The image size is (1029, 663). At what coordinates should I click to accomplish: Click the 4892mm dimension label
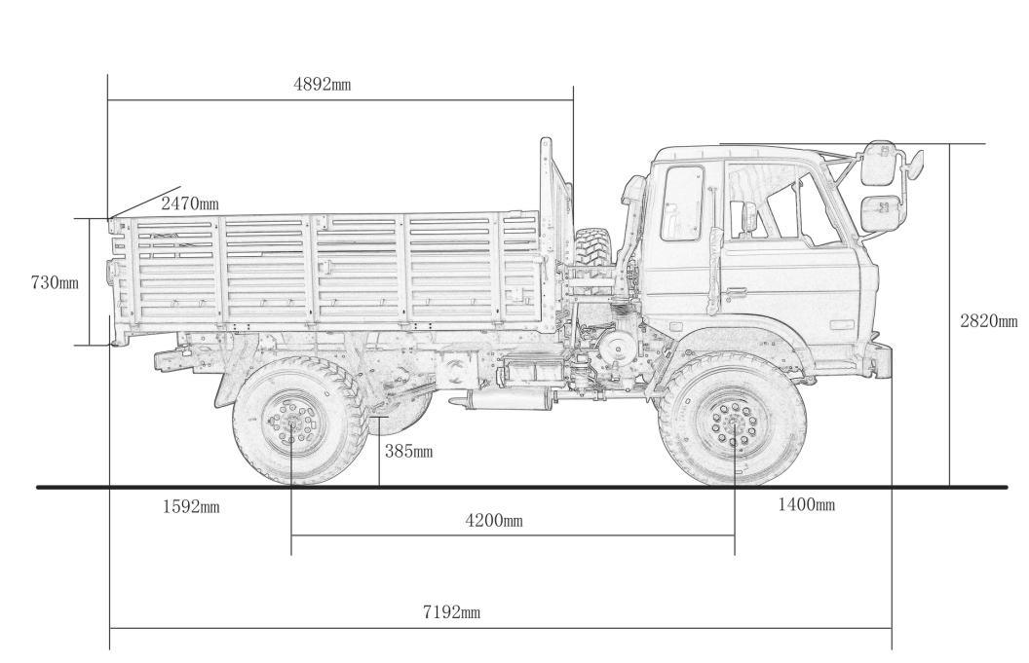pyautogui.click(x=322, y=84)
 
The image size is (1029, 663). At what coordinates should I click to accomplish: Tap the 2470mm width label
pyautogui.click(x=190, y=203)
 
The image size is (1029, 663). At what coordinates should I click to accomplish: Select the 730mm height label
pyautogui.click(x=55, y=282)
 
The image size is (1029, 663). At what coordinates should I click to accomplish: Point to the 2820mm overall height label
pyautogui.click(x=988, y=321)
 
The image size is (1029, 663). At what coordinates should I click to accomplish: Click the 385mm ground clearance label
pyautogui.click(x=408, y=451)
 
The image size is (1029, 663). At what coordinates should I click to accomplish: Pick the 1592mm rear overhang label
pyautogui.click(x=191, y=506)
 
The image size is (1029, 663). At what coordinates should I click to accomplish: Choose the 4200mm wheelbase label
pyautogui.click(x=493, y=521)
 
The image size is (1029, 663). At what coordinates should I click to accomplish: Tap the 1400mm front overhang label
pyautogui.click(x=806, y=504)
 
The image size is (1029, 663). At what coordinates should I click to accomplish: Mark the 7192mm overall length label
pyautogui.click(x=451, y=612)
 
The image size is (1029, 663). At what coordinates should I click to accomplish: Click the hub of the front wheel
pyautogui.click(x=733, y=423)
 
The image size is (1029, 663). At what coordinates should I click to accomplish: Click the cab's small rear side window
pyautogui.click(x=682, y=203)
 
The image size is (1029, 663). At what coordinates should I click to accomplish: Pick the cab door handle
pyautogui.click(x=734, y=290)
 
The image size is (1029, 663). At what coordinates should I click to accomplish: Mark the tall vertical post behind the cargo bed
pyautogui.click(x=546, y=185)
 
